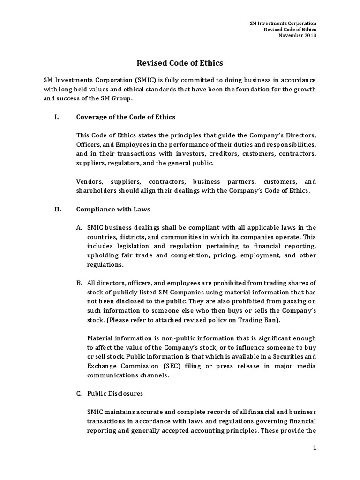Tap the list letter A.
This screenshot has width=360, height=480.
coord(79,228)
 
